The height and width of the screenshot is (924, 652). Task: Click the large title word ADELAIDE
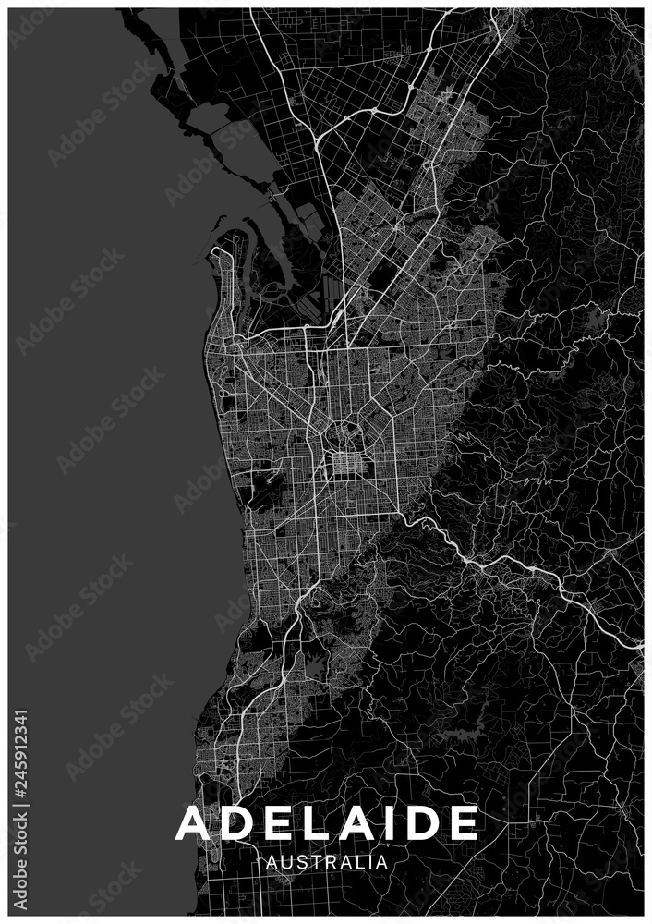pyautogui.click(x=327, y=822)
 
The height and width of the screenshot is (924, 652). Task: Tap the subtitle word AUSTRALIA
pyautogui.click(x=326, y=862)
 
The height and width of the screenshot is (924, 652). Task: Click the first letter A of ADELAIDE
pyautogui.click(x=192, y=822)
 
